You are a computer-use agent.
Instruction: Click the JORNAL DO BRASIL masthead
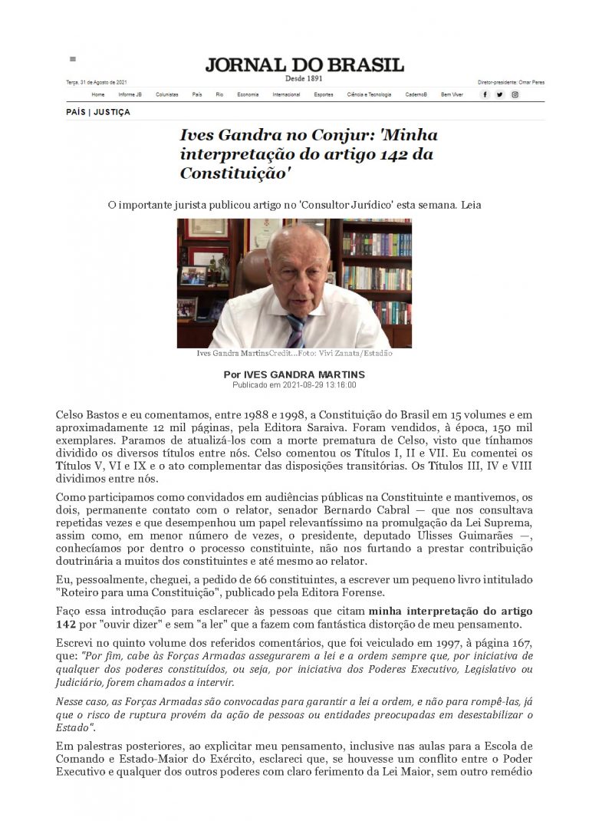coord(304,64)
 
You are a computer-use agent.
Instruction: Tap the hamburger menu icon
coord(73,58)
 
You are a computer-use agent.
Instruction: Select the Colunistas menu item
coord(166,94)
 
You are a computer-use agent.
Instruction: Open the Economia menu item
coord(248,94)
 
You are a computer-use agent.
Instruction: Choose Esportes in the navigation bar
coord(324,94)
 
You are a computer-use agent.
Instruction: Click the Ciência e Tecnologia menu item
coord(369,94)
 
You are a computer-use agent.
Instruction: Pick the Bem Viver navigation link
coord(452,94)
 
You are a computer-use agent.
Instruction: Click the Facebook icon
coord(485,94)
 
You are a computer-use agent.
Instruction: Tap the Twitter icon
coord(500,94)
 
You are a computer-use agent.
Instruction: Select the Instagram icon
coord(515,94)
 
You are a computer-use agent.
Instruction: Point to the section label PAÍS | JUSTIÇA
coord(98,112)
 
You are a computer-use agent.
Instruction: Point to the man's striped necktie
coord(296,328)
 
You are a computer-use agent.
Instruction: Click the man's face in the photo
coord(296,269)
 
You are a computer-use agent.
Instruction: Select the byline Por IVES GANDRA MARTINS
coord(294,374)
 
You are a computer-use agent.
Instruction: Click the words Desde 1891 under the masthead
coord(304,78)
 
